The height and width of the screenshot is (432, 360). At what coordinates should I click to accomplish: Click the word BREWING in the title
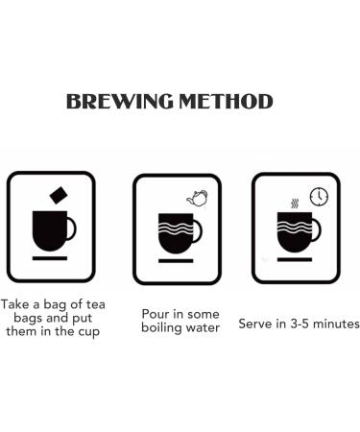pos(120,102)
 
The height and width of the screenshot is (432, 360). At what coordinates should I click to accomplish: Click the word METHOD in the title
pos(226,102)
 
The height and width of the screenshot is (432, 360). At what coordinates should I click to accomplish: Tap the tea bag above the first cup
pos(59,195)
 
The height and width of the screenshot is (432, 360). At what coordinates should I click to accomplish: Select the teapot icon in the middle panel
pos(197,198)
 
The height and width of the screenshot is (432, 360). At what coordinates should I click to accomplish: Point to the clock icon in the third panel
pos(319,196)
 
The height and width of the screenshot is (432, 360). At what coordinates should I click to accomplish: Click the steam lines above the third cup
pos(295,204)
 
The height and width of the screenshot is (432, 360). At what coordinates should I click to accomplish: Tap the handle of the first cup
pos(72,228)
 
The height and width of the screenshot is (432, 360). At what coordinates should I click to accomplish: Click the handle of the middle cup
pos(199,231)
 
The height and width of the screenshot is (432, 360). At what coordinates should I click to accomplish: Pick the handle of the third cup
pos(317,229)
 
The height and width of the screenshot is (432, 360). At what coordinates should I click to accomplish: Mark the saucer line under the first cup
pos(50,258)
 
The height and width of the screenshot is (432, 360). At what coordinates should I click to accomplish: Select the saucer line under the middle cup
pos(176,261)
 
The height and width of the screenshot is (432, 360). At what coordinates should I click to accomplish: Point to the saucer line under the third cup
pos(295,259)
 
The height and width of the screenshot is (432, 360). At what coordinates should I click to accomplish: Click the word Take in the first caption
pos(15,304)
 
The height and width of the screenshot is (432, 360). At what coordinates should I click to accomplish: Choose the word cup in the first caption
pos(88,332)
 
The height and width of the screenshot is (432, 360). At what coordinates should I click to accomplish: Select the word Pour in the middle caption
pos(156,314)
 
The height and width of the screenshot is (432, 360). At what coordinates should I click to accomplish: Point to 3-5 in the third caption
pos(300,324)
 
